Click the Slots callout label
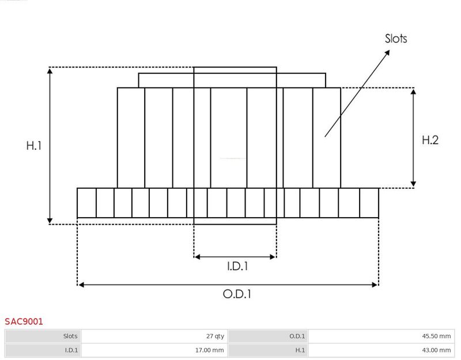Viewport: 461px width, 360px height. [x=396, y=39]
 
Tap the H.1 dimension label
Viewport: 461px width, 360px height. [x=34, y=146]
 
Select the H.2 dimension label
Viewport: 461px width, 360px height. [x=430, y=140]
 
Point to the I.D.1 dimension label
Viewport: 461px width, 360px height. [x=237, y=266]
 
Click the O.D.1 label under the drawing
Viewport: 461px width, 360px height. [x=237, y=294]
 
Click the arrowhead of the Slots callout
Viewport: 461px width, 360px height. [x=387, y=52]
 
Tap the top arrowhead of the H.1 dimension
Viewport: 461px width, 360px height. [x=50, y=71]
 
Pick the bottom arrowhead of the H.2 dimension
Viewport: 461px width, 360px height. [x=413, y=184]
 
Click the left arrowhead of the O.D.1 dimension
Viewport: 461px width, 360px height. [x=81, y=285]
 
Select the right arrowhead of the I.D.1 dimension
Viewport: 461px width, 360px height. [x=273, y=257]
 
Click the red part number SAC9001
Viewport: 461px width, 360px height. [x=24, y=321]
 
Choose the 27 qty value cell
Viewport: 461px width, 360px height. [x=215, y=336]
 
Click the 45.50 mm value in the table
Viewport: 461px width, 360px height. [x=436, y=336]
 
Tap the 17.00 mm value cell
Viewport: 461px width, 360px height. [x=209, y=350]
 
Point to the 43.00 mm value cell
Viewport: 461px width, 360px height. [x=436, y=350]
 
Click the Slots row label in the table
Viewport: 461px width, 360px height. [x=70, y=336]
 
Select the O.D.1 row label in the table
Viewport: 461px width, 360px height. [x=297, y=336]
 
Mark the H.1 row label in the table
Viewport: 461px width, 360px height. [x=300, y=350]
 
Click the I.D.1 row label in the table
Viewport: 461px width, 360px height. [x=71, y=350]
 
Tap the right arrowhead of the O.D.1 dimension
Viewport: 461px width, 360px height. [x=374, y=285]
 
